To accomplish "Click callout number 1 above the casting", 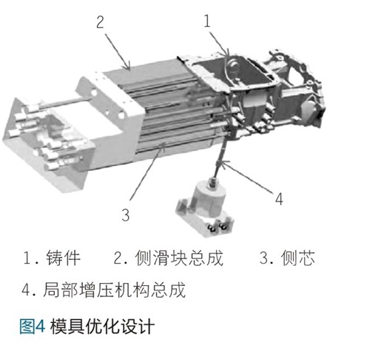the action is (207, 21).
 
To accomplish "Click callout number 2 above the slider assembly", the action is (100, 22).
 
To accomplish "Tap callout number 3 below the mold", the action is (126, 215).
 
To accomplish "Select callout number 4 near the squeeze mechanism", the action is (279, 199).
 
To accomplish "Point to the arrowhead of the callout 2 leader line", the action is (127, 67).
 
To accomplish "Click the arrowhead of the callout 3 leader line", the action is (163, 146).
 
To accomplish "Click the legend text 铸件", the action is (64, 258).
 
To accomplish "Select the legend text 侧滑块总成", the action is (179, 258).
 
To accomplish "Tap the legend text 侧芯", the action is (298, 258).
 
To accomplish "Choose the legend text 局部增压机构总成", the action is (114, 290).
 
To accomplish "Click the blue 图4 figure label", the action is (33, 326).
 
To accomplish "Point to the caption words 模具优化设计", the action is (102, 326).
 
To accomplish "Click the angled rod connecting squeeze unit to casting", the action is (220, 158).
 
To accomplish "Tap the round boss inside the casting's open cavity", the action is (233, 64).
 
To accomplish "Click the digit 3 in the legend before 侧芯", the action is (264, 258).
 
